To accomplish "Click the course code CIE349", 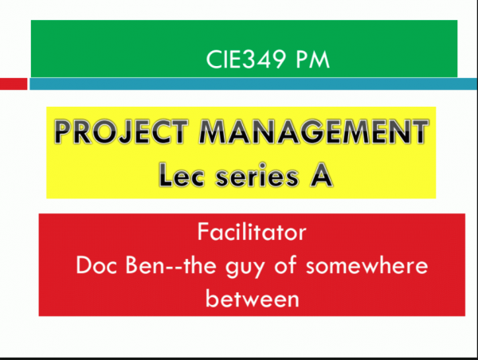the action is pos(246,59).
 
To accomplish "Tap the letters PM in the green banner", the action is pos(313,59).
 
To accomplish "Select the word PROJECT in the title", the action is pos(121,131).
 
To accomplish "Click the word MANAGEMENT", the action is pos(314,131).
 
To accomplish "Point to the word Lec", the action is pos(181,175).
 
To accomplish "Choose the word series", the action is pos(257,175).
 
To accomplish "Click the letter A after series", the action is pos(321,174).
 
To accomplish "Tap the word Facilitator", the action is pos(252,232).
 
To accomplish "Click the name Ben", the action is pos(145,265).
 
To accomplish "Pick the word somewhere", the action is pos(367,265).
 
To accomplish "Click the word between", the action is pos(253,298).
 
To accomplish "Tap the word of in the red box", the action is pos(285,264).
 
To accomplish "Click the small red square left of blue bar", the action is pos(14,84).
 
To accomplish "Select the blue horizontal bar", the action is pos(253,84).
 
